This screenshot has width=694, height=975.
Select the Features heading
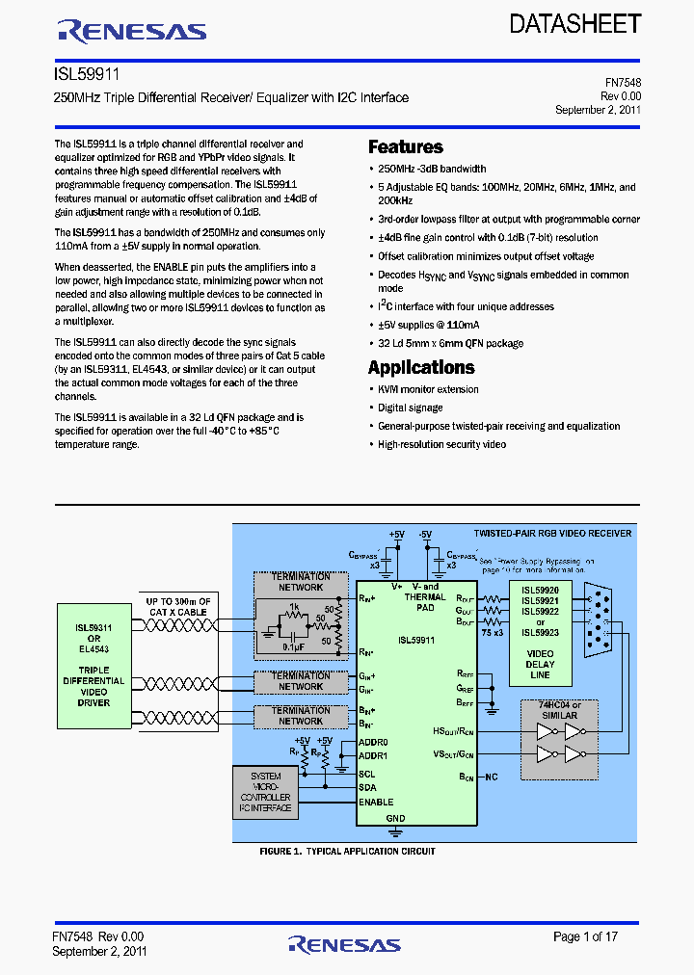pos(405,147)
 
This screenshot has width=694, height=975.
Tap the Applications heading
pos(420,368)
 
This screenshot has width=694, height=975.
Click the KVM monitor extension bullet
pos(428,389)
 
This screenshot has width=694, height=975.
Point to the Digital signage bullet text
pos(411,408)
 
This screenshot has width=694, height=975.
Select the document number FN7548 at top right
pos(623,84)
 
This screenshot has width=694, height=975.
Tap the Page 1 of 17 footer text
pos(586,936)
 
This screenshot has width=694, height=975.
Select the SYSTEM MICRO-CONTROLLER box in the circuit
pos(266,791)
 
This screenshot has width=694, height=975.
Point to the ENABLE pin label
pos(376,803)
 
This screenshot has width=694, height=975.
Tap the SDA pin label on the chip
pos(367,787)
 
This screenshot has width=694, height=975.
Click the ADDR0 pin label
pos(373,743)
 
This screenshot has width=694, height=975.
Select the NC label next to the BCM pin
pos(492,776)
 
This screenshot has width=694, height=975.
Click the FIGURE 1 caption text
pos(347,852)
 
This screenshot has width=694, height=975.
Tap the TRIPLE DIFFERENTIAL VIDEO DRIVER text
pos(93,686)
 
